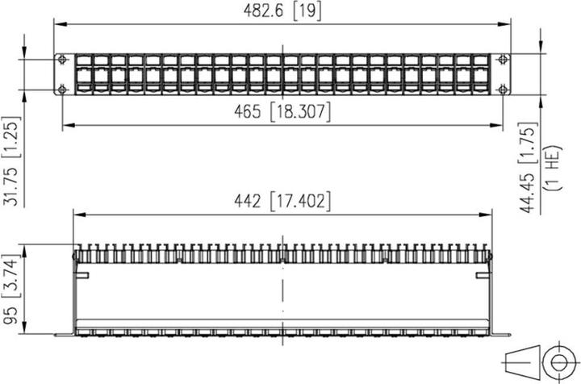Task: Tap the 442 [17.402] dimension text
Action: [x=282, y=202]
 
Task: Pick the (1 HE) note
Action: [x=554, y=172]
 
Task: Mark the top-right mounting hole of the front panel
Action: [x=504, y=59]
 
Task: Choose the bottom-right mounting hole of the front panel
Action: [x=504, y=88]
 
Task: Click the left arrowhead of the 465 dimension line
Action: [x=66, y=124]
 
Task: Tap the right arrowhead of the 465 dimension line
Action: [x=499, y=124]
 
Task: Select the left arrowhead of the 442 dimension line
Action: [x=77, y=215]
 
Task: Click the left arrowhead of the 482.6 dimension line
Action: [x=58, y=23]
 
